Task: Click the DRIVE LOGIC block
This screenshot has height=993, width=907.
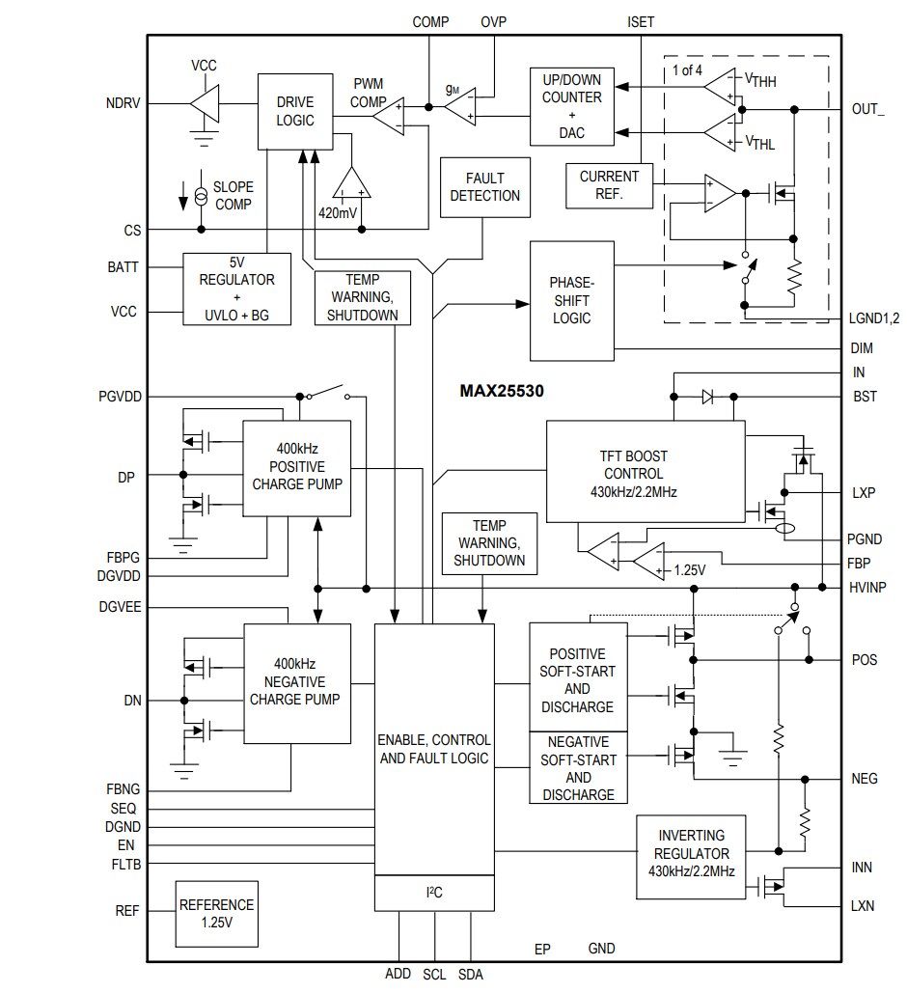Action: pos(295,111)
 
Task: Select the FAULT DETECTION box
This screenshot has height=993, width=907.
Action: pos(484,187)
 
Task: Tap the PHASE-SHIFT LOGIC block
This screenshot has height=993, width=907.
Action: pos(571,300)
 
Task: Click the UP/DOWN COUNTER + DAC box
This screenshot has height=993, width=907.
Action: pos(571,105)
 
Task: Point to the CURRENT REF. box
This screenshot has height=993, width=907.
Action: pos(609,185)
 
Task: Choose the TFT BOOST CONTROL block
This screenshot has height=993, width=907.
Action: pos(645,472)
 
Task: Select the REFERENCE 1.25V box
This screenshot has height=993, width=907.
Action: pos(217,913)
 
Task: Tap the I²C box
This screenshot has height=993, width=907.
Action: pos(433,893)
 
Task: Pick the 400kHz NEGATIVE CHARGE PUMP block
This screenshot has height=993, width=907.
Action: pos(296,683)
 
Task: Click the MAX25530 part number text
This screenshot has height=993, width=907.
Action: pos(502,393)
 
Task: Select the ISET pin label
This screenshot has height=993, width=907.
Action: pos(641,22)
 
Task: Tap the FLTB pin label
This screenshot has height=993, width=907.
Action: pos(125,865)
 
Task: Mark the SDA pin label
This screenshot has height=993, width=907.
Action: pos(471,975)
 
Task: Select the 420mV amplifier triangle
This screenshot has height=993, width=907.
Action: pos(351,183)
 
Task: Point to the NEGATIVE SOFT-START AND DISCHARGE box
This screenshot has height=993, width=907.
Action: pos(578,768)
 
